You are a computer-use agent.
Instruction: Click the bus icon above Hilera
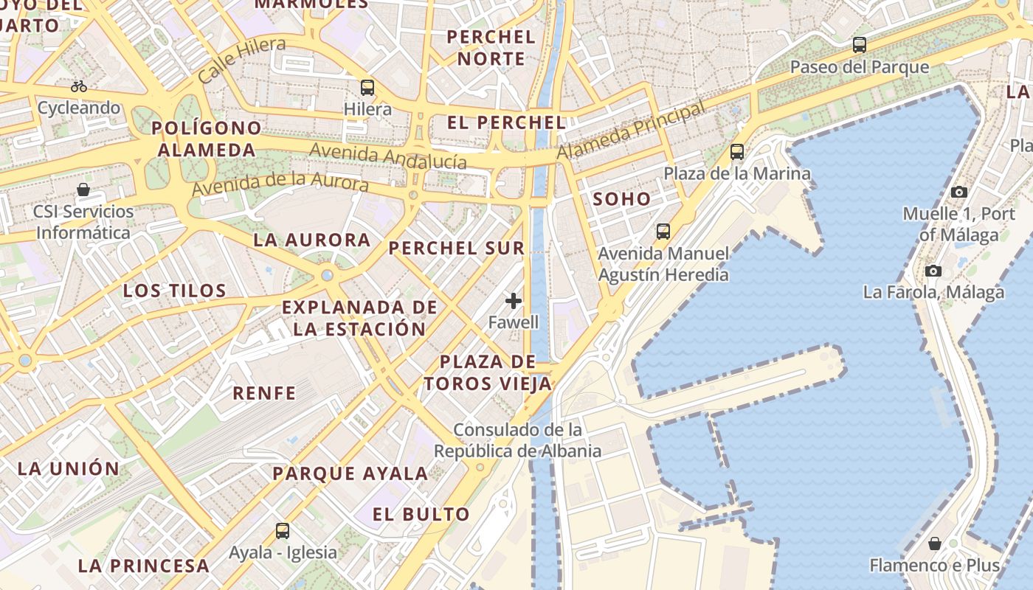tap(367, 88)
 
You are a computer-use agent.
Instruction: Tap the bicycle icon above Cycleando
tap(79, 86)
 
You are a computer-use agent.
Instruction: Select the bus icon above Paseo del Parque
tap(860, 45)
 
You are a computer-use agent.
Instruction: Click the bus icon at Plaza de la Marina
tap(737, 152)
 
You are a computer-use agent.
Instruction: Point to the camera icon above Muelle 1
tap(958, 192)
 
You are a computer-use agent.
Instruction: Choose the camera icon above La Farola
tap(933, 271)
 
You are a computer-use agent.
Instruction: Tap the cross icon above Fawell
tap(514, 301)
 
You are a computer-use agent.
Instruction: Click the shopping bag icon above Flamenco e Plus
tap(935, 544)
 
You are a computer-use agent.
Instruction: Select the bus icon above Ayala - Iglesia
tap(283, 530)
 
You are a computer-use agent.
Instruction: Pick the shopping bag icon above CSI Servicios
tap(83, 190)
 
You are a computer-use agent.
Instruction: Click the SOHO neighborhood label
tap(622, 199)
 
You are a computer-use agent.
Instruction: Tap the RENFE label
tap(264, 393)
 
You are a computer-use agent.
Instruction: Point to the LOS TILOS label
tap(175, 291)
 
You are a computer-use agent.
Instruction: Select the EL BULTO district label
tap(421, 515)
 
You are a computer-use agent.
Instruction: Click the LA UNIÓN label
tap(69, 468)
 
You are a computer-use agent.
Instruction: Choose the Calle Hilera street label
tap(241, 59)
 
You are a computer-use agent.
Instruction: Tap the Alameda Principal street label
tap(631, 131)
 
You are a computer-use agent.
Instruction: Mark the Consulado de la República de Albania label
tap(517, 440)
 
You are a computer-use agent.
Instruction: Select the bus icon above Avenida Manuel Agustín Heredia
tap(663, 232)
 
